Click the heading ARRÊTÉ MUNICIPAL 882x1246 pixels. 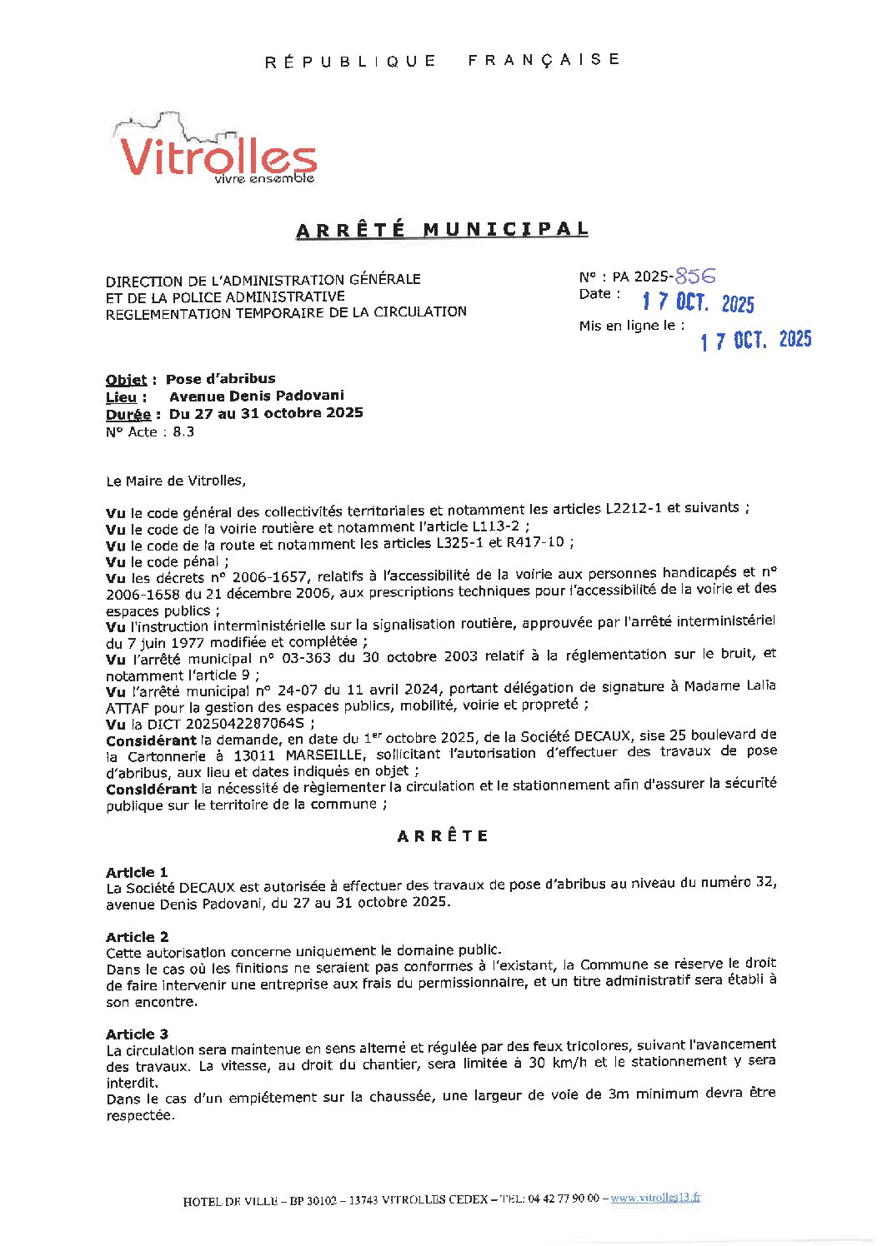(442, 230)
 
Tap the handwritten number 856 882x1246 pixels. (695, 276)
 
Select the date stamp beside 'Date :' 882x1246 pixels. (698, 302)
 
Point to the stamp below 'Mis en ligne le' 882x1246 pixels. (755, 340)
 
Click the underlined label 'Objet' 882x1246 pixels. (126, 380)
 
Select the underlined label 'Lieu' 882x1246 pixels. (121, 397)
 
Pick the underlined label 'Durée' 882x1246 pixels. (128, 415)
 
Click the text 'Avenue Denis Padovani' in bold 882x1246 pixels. (256, 396)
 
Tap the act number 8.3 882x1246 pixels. (183, 432)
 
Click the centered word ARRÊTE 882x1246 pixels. (443, 836)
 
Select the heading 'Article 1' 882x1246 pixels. (137, 872)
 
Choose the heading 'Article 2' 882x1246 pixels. (137, 937)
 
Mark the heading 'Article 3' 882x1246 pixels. (137, 1034)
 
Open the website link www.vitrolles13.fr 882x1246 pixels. (655, 1198)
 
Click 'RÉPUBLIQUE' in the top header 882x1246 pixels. (350, 61)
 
